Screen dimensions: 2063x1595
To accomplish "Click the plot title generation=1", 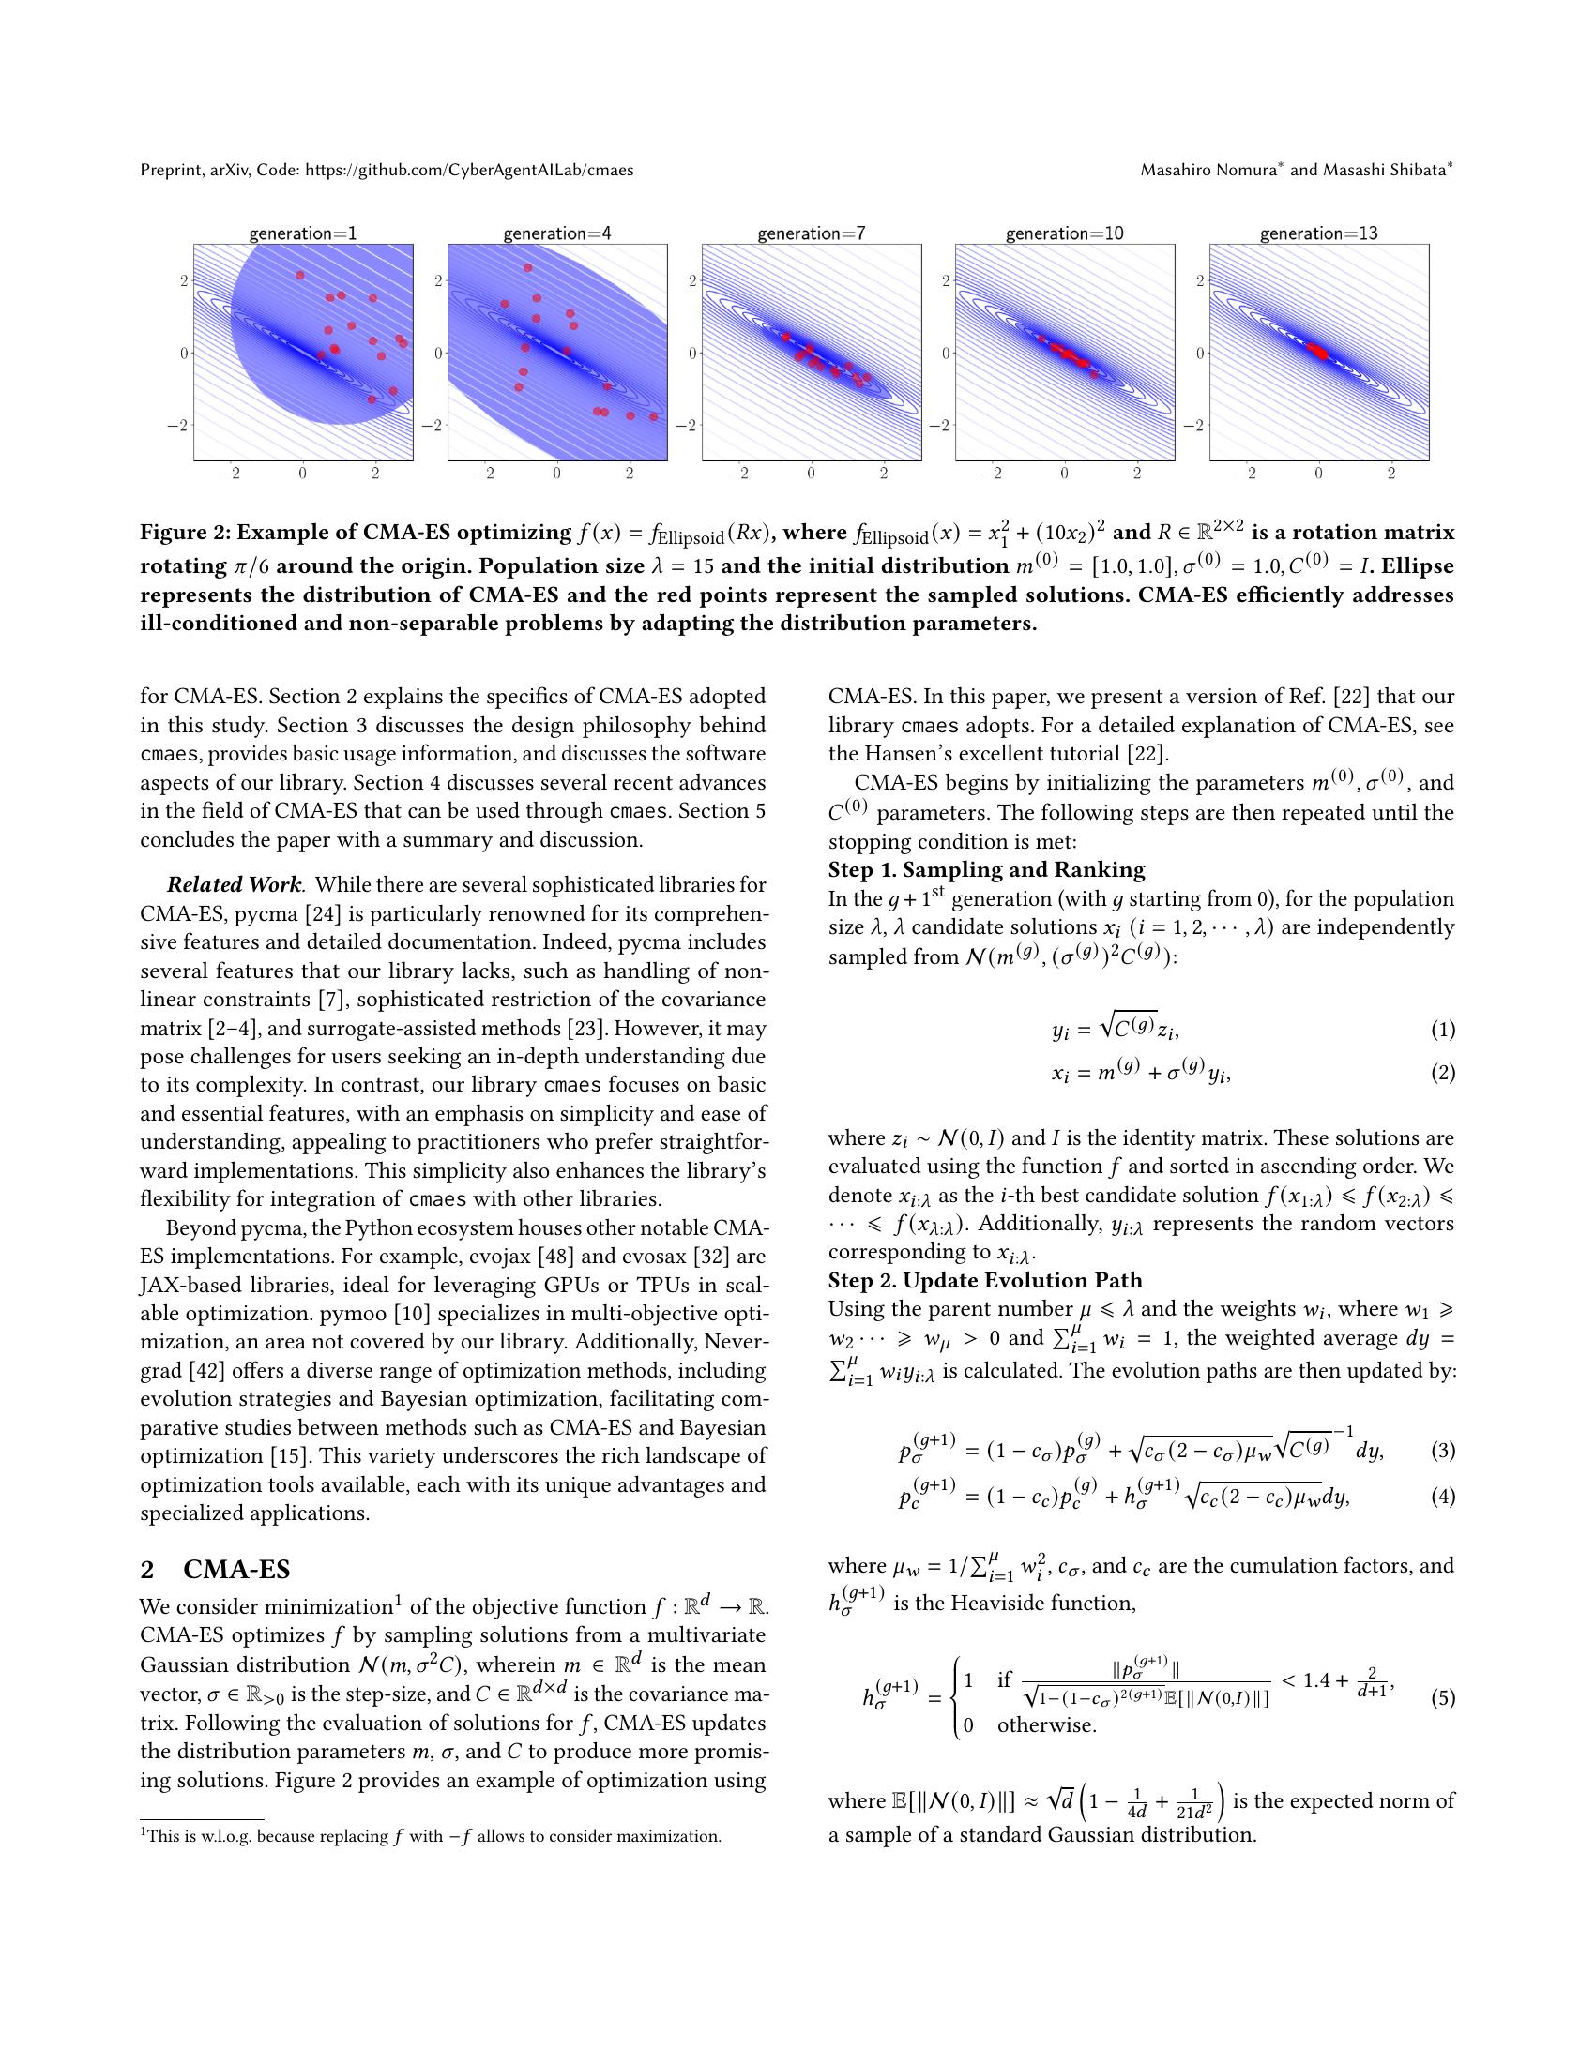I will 302,233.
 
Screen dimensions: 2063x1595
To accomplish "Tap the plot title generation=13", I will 1318,233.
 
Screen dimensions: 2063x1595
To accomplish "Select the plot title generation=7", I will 811,233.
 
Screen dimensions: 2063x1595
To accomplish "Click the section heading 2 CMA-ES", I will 216,1570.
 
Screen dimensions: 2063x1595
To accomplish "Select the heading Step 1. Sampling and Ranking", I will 986,870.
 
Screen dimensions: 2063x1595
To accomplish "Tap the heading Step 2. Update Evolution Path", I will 985,1281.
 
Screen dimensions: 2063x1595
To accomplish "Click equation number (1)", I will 1442,1029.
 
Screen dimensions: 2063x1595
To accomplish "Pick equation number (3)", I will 1442,1450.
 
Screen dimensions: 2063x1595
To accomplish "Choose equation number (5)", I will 1442,1698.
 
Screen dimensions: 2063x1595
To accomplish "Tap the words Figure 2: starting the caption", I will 185,534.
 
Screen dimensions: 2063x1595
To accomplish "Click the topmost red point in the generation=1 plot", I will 300,275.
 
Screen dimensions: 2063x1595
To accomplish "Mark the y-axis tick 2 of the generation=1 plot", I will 185,280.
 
